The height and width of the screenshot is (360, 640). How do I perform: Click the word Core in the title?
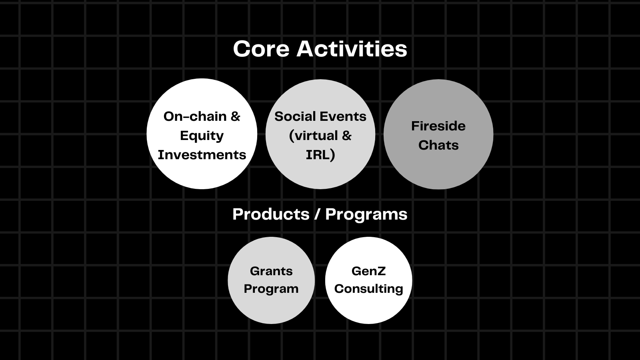[x=261, y=49]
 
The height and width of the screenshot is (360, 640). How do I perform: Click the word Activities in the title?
[x=352, y=48]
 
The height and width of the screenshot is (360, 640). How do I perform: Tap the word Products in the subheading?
[x=271, y=214]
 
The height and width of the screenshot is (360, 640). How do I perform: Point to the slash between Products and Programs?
[x=317, y=214]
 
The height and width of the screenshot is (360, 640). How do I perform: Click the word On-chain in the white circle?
[x=195, y=116]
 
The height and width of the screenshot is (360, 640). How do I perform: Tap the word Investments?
[x=202, y=155]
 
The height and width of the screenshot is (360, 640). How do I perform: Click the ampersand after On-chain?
[x=235, y=116]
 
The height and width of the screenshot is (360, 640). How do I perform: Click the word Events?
[x=343, y=116]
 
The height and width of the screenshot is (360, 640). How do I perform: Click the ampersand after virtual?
[x=346, y=136]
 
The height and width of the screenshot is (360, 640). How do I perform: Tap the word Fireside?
[x=438, y=126]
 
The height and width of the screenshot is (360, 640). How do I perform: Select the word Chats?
[x=438, y=145]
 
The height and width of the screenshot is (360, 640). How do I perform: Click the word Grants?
[x=271, y=271]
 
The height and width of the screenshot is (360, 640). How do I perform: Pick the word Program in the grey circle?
[x=271, y=289]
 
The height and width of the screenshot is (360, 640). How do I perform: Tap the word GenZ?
[x=368, y=271]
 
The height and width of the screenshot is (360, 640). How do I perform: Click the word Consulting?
[x=368, y=289]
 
